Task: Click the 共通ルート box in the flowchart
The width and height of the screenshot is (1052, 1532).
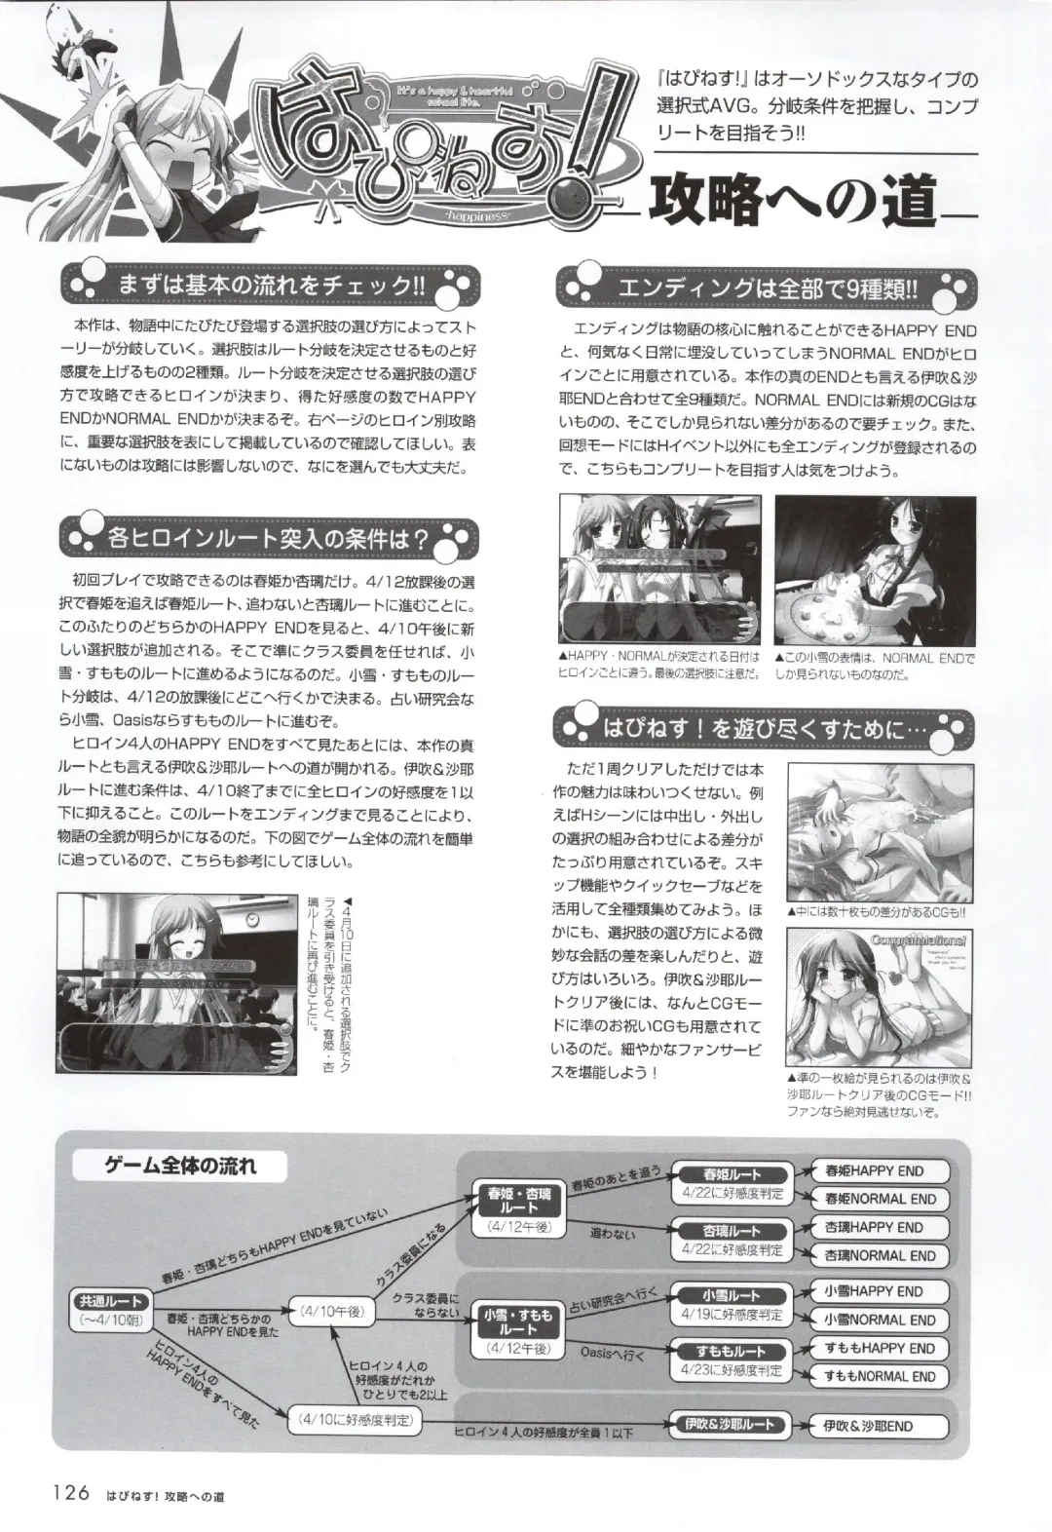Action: pos(110,1301)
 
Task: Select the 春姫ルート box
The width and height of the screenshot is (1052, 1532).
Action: pos(732,1175)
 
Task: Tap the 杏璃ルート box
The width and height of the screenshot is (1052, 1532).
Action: pos(732,1231)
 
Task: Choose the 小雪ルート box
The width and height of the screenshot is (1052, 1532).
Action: pos(732,1295)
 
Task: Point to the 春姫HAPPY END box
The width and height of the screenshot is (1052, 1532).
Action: pos(874,1171)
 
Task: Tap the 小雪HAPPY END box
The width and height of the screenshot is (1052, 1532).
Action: pos(873,1291)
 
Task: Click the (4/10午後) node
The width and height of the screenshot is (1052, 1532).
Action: pos(331,1311)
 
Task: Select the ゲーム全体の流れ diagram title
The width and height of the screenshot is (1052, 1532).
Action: pos(181,1165)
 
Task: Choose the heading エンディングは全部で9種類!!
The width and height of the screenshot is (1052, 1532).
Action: pos(764,288)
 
